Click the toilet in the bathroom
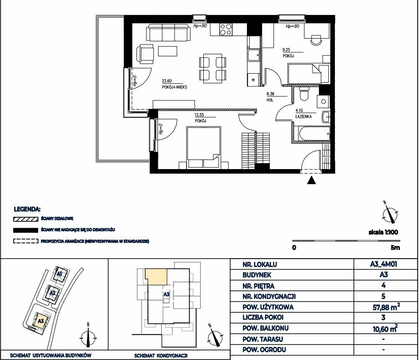[x=304, y=94]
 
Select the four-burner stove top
[x=226, y=30]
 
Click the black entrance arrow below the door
[x=311, y=180]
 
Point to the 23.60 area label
[x=167, y=81]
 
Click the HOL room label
[x=270, y=100]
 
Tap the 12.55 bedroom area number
[x=199, y=115]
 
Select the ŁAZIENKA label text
[x=303, y=116]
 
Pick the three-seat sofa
[x=168, y=32]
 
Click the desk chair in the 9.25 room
[x=317, y=40]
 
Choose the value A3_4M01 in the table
[x=384, y=264]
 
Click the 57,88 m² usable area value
[x=386, y=307]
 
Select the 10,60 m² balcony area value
[x=385, y=329]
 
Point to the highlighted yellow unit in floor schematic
[x=156, y=277]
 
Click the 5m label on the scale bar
[x=395, y=248]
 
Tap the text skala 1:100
[x=383, y=232]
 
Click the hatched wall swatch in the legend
[x=25, y=219]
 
